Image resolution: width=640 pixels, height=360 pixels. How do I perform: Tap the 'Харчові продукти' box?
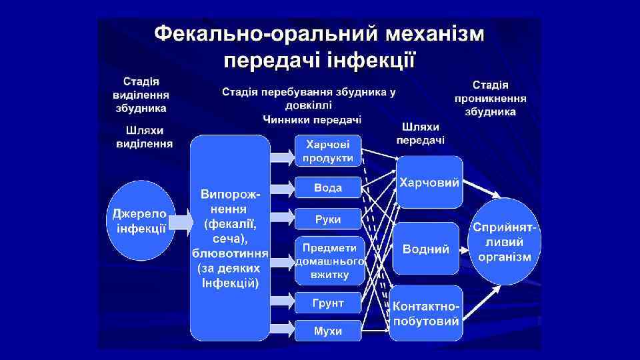[328, 151]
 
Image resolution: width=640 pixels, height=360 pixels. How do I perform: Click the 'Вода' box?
[328, 188]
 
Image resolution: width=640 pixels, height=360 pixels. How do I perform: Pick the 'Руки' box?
[328, 219]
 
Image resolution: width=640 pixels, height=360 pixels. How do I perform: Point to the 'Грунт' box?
[328, 303]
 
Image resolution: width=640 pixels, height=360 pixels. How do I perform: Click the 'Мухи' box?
[328, 331]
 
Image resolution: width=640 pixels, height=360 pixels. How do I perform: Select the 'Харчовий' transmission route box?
[429, 183]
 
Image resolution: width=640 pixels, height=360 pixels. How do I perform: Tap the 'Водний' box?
[426, 249]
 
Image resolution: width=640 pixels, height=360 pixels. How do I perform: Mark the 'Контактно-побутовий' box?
[427, 313]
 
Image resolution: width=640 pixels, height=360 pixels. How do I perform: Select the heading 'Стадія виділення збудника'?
[140, 94]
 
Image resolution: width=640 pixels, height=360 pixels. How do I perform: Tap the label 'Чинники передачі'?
[312, 120]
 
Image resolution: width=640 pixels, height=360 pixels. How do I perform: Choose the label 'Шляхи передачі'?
[420, 133]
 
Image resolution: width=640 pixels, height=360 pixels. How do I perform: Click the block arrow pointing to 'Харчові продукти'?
[281, 157]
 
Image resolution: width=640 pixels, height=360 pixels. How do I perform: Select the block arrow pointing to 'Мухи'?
[281, 328]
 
